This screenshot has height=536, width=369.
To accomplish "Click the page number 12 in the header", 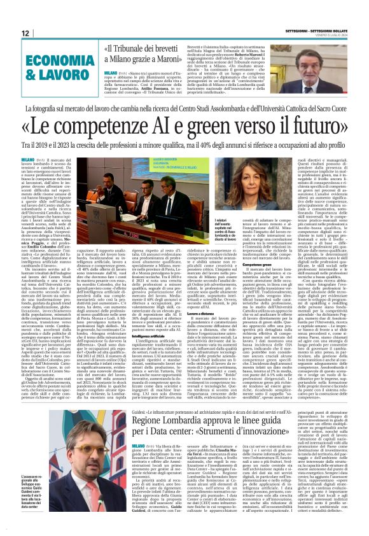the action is (x=25, y=32).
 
